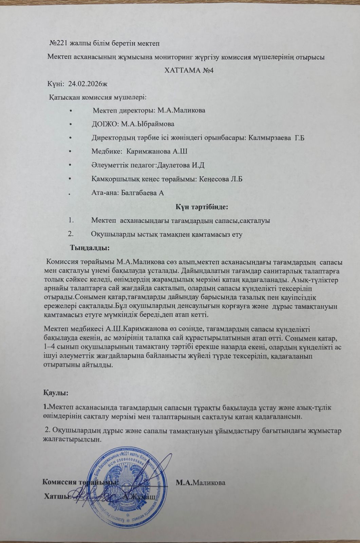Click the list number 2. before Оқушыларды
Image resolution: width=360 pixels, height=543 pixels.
(x=71, y=234)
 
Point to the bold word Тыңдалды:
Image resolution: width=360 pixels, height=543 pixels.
(x=90, y=248)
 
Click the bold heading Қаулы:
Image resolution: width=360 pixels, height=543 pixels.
(x=56, y=393)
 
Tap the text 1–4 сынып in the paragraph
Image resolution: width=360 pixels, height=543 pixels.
(x=59, y=349)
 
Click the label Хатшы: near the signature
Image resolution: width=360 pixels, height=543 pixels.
(x=57, y=497)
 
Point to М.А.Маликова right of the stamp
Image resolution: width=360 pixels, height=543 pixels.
(x=201, y=482)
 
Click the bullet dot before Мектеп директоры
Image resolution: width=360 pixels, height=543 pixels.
(x=70, y=111)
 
